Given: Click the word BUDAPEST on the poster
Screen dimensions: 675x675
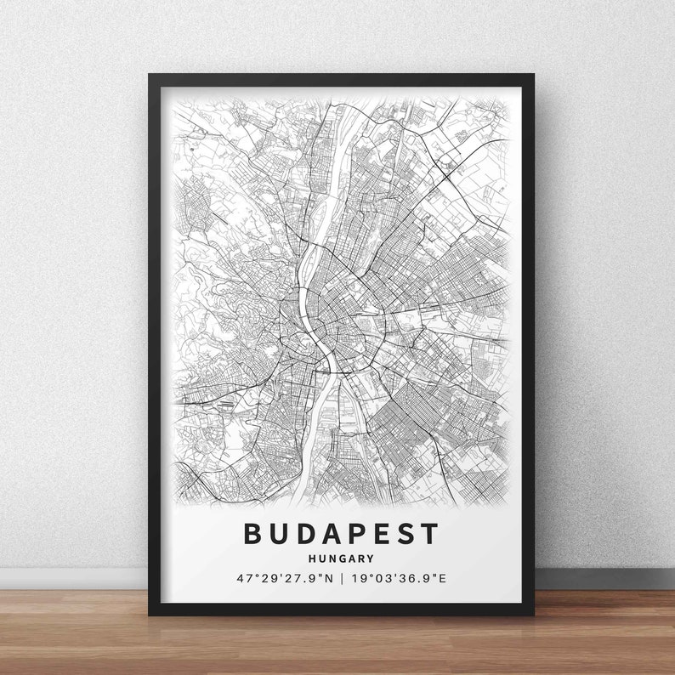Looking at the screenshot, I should coord(342,534).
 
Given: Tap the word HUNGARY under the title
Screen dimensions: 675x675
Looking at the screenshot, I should coord(342,559).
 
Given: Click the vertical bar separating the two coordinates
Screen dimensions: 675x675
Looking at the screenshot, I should coord(342,579).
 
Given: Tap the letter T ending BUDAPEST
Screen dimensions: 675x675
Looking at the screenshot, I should coord(430,534).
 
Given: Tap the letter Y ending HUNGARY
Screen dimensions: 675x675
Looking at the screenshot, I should coord(371,559).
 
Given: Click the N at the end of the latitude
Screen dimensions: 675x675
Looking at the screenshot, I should coord(327,579).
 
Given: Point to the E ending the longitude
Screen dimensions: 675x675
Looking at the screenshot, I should coord(442,579).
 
